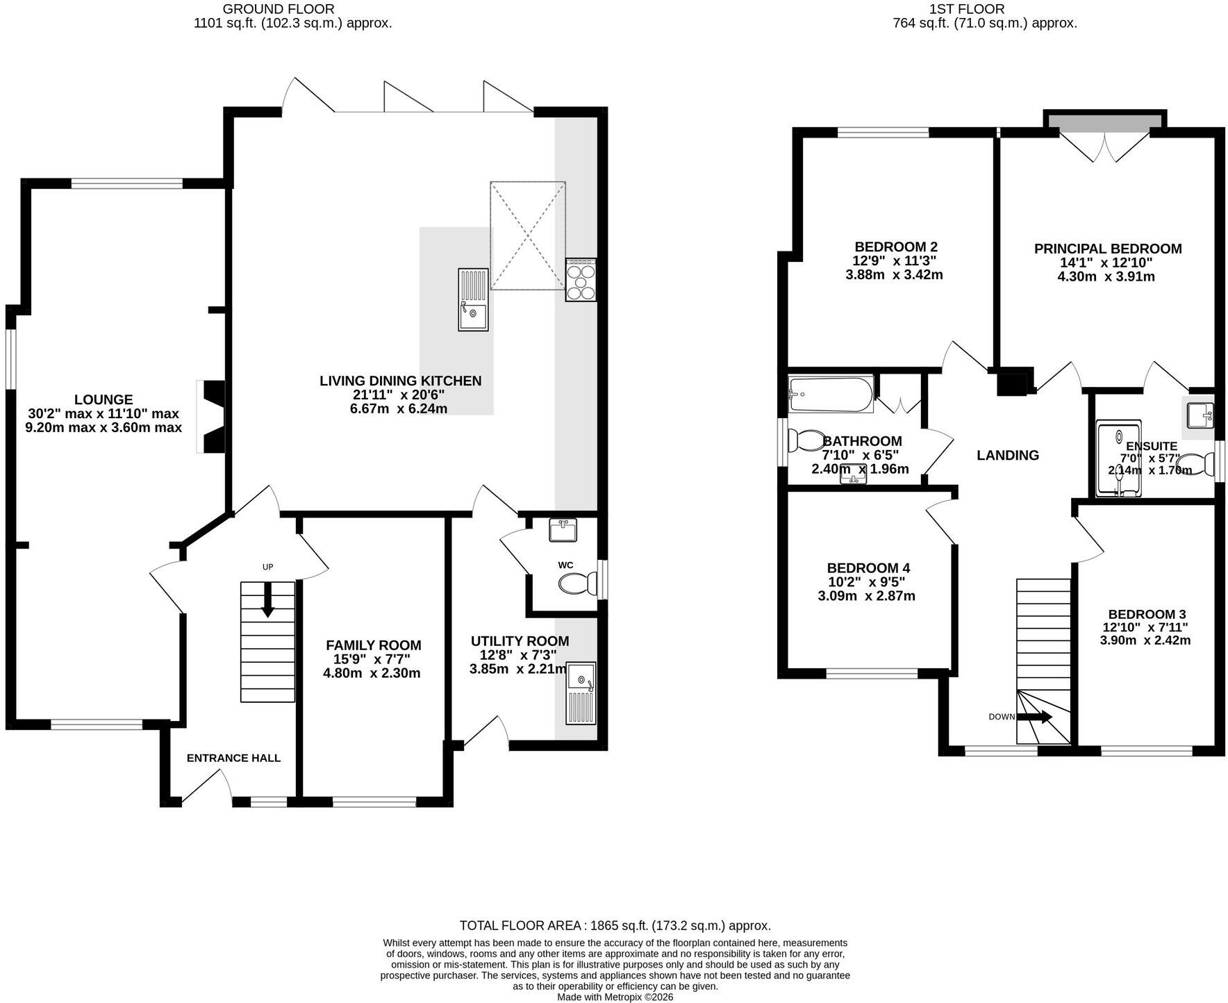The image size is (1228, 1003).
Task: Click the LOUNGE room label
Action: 103,400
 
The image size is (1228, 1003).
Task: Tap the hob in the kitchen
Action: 581,280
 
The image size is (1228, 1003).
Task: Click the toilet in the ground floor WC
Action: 577,583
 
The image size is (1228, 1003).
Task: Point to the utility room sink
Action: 581,694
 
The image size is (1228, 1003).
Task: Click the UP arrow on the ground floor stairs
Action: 267,599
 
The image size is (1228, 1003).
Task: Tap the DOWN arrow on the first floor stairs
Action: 1035,717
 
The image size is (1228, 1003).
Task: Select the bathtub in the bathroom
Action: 831,395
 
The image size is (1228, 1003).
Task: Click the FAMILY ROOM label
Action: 374,645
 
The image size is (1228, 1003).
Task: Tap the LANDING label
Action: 1008,456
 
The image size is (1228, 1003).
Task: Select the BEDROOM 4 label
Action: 868,568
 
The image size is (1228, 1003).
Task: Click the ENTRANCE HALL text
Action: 233,758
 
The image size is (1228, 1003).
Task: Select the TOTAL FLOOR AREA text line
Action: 615,926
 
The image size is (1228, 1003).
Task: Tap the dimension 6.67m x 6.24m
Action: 399,408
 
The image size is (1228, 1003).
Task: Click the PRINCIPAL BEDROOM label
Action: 1108,249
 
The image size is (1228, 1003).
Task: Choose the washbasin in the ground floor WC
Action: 563,530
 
